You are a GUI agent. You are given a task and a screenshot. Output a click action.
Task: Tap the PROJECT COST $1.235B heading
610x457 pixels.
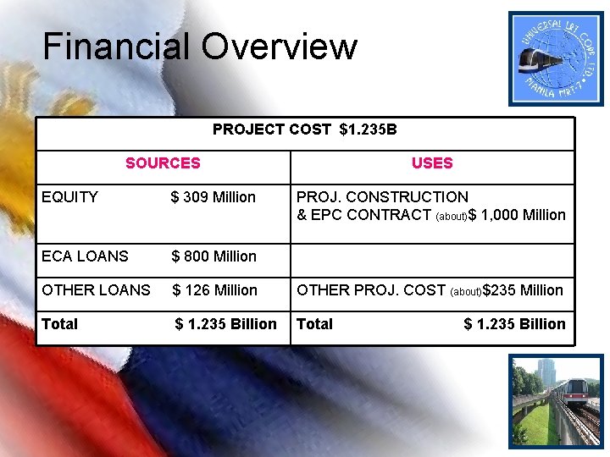305,129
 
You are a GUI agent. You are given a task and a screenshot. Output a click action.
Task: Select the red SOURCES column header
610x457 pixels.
163,163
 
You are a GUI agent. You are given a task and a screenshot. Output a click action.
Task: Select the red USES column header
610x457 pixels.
432,163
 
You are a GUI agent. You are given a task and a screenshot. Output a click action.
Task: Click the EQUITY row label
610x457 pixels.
69,197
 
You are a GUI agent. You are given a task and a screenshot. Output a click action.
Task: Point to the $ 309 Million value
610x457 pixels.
213,197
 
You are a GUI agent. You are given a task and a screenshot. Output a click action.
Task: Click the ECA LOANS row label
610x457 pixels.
85,256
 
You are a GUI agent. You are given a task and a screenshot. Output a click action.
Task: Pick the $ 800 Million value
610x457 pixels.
213,256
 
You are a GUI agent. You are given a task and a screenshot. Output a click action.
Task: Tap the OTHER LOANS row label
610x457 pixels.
96,290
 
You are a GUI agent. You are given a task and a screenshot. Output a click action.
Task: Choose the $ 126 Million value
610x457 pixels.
214,290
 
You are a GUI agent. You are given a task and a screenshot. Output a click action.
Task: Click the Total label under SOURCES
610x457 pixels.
59,324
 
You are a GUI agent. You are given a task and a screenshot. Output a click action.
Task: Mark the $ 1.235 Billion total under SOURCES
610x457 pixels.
225,324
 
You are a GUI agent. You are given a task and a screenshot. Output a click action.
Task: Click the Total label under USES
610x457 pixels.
314,324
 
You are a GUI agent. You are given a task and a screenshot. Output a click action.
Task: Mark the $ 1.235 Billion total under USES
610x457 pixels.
514,324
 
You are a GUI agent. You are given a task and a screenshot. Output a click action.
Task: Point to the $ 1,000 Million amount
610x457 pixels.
517,215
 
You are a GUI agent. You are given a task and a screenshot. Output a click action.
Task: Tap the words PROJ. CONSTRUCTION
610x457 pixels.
382,197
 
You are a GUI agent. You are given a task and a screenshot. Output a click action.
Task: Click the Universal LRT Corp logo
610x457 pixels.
557,58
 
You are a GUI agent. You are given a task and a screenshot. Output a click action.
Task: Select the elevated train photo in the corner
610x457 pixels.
557,400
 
